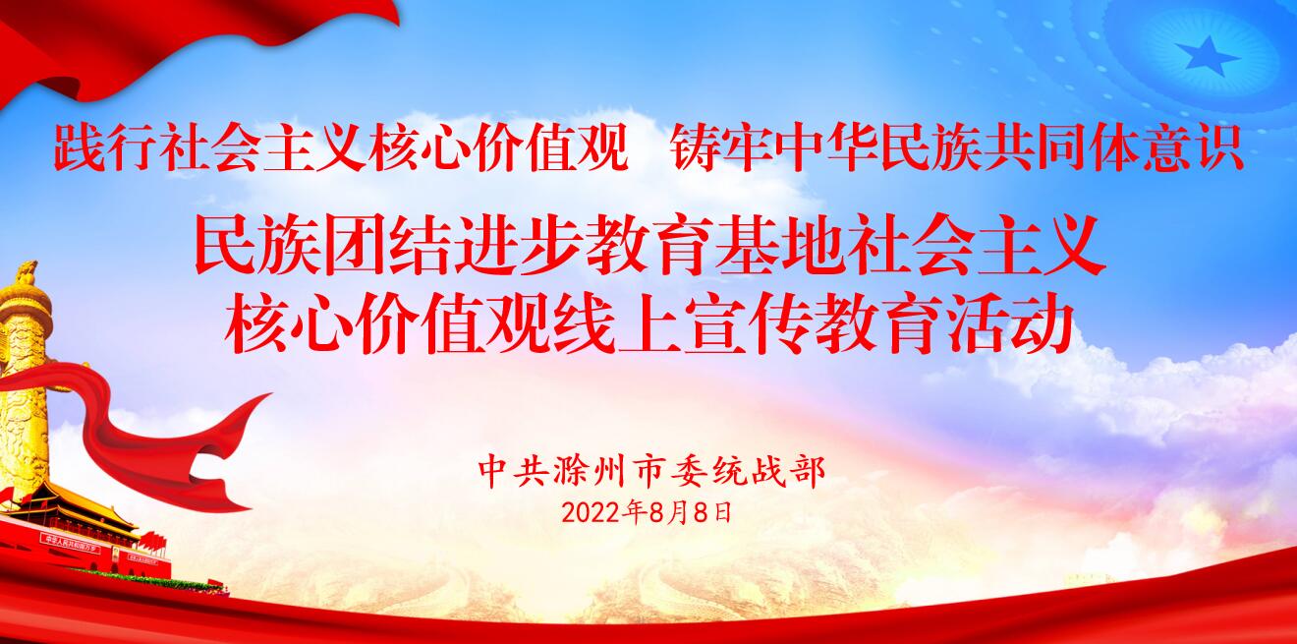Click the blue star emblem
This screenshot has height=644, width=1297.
[x=1207, y=56]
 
